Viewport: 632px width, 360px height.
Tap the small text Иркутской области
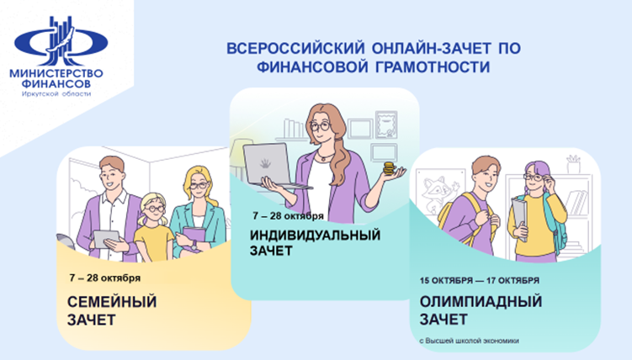pos(56,94)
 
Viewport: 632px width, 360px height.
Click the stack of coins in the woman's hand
pos(389,169)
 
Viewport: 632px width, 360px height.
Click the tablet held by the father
pos(104,239)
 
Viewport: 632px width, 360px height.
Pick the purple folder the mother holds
pos(194,241)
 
